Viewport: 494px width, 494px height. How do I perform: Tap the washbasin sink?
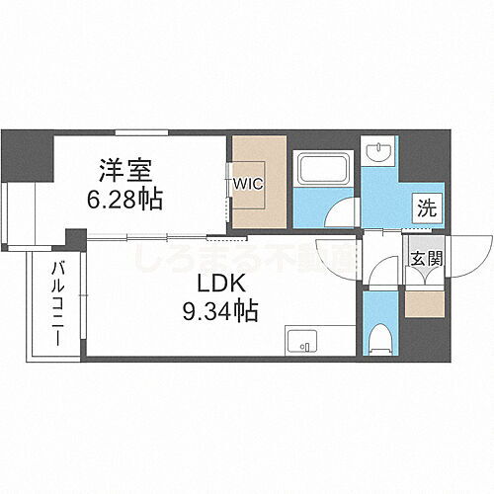[x=379, y=152]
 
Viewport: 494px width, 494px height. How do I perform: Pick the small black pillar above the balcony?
[x=74, y=240]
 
